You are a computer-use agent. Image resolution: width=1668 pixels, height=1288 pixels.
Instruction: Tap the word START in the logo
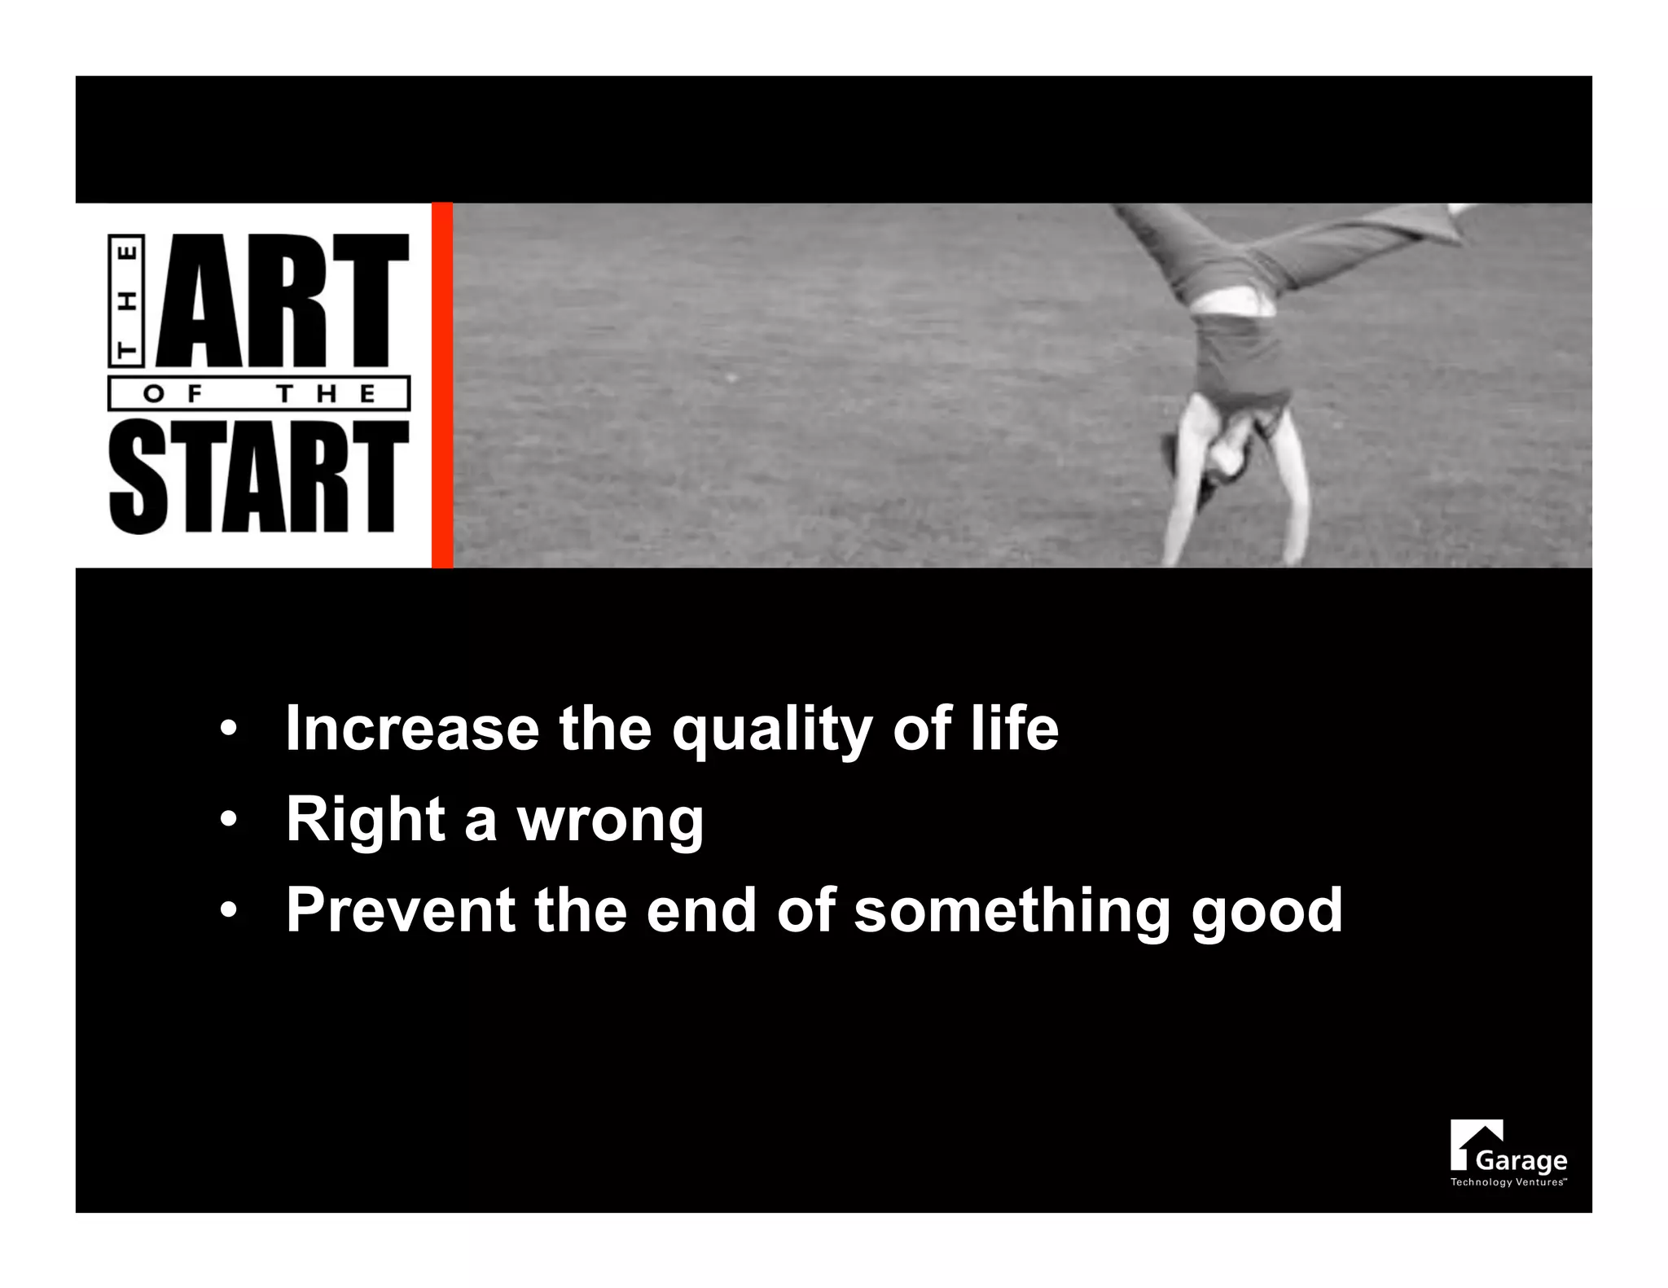(x=259, y=479)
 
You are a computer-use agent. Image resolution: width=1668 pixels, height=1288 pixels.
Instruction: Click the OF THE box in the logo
(x=259, y=394)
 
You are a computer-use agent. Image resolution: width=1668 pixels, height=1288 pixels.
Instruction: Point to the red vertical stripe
(x=442, y=384)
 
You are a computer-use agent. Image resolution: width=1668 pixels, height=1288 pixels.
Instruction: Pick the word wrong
(x=611, y=821)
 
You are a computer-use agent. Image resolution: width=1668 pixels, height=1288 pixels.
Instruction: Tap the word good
(x=1266, y=912)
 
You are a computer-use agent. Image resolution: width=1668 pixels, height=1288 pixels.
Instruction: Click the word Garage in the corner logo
(x=1521, y=1160)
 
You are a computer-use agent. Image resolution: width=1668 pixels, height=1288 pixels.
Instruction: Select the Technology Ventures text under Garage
(x=1508, y=1182)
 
